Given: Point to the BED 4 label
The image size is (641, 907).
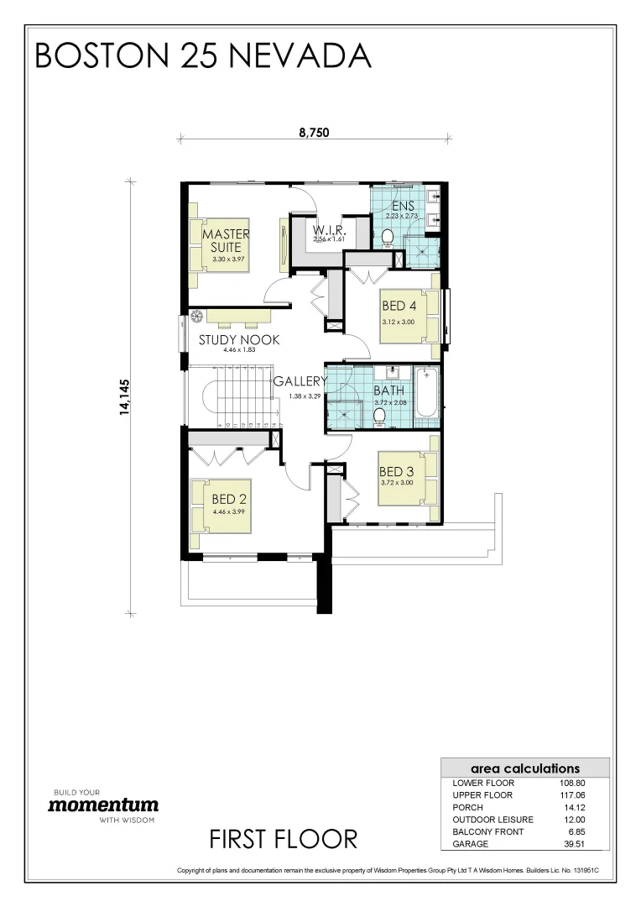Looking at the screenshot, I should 399,306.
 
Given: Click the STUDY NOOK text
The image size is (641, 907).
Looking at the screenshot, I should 239,340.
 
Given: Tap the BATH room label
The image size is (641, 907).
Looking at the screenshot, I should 388,391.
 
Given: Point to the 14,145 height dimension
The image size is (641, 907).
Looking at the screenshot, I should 125,396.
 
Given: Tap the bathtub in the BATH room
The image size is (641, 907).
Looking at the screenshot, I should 426,393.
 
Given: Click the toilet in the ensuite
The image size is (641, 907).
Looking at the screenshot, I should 388,239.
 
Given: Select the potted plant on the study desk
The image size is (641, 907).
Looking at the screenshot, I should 197,317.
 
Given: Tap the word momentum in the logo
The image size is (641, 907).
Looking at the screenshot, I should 102,805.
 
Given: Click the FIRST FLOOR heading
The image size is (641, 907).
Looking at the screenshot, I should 283,838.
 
